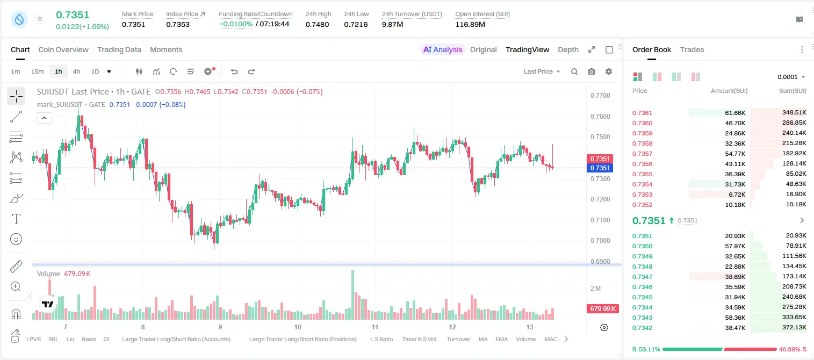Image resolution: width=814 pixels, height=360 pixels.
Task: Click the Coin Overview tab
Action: pyautogui.click(x=63, y=49)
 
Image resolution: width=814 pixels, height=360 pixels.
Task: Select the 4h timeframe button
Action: pyautogui.click(x=76, y=71)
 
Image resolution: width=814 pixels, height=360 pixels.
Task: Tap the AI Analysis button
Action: pyautogui.click(x=443, y=49)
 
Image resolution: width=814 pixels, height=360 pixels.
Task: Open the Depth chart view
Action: pyautogui.click(x=568, y=49)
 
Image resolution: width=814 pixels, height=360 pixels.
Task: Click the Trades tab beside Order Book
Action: pyautogui.click(x=692, y=49)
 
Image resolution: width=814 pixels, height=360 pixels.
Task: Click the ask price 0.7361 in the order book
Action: pyautogui.click(x=642, y=113)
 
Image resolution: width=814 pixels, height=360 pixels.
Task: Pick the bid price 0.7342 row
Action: pyautogui.click(x=642, y=328)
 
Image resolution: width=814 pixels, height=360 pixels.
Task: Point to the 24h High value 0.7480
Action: pyautogui.click(x=317, y=24)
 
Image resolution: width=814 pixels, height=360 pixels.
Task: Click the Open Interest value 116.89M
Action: pyautogui.click(x=470, y=24)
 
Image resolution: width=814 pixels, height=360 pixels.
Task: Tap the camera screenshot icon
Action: pyautogui.click(x=592, y=71)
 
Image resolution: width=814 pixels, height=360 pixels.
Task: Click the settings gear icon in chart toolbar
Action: pyautogui.click(x=609, y=71)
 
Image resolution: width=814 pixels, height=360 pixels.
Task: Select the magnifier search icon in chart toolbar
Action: pyautogui.click(x=574, y=71)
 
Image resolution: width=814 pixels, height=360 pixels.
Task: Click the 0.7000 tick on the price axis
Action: pyautogui.click(x=600, y=241)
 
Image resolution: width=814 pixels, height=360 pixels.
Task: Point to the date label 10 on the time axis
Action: pyautogui.click(x=298, y=327)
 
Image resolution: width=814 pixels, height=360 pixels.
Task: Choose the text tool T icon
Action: pyautogui.click(x=16, y=219)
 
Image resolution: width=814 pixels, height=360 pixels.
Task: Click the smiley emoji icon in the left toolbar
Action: pyautogui.click(x=16, y=239)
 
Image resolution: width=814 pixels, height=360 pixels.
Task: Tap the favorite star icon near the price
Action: pyautogui.click(x=40, y=18)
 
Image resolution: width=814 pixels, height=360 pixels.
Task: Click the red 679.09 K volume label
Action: pyautogui.click(x=603, y=309)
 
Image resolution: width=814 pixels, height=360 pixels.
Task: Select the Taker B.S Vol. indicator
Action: pyautogui.click(x=419, y=339)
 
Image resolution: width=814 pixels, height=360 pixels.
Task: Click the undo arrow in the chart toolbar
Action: pyautogui.click(x=234, y=71)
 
